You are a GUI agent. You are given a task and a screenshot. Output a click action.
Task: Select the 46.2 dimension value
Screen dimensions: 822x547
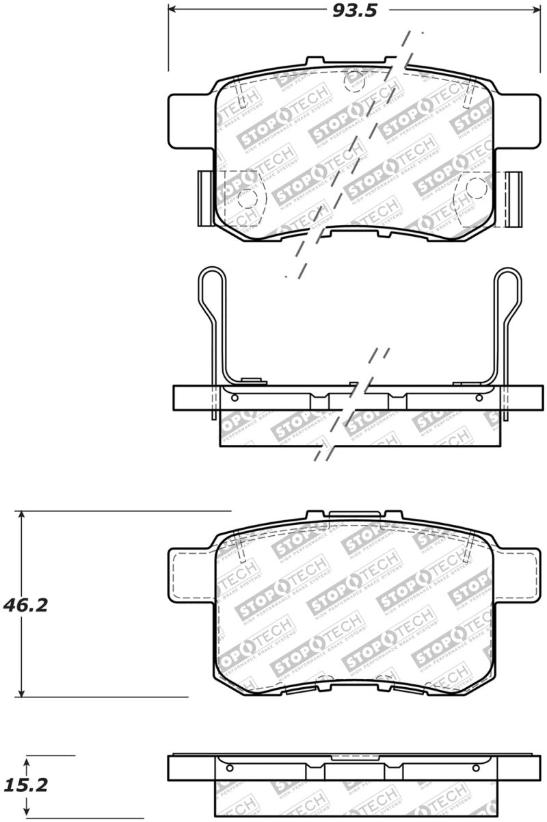click(x=25, y=605)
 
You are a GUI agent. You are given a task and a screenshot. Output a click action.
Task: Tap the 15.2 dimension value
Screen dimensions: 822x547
click(x=25, y=786)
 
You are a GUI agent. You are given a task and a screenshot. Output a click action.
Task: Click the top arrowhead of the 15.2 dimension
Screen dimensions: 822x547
click(x=27, y=760)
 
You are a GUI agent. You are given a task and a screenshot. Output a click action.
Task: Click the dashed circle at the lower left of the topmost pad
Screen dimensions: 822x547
click(x=246, y=198)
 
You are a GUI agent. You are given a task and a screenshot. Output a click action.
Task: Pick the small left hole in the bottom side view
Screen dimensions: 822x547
click(x=229, y=767)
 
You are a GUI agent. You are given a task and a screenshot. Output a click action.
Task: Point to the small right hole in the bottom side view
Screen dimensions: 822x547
click(x=479, y=767)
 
